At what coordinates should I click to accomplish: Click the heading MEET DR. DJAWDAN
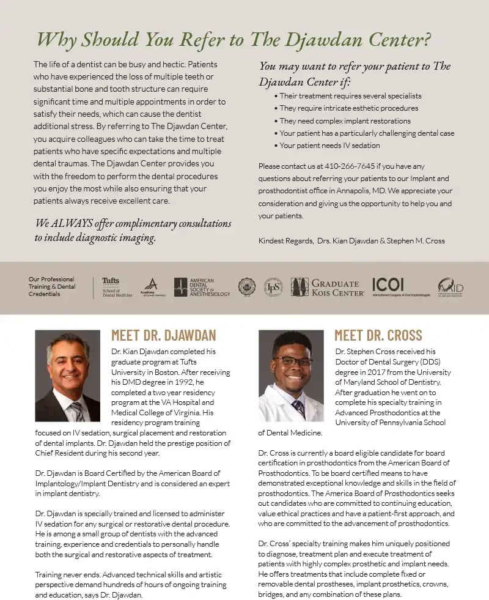(x=163, y=335)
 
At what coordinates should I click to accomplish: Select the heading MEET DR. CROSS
(x=378, y=335)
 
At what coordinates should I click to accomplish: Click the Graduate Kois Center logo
(x=325, y=287)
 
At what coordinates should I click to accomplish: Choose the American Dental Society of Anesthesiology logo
(x=202, y=287)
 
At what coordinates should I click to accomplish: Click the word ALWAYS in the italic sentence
(x=72, y=223)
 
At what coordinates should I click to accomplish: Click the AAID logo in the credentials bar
(x=450, y=287)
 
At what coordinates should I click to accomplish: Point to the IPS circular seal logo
(x=273, y=287)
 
